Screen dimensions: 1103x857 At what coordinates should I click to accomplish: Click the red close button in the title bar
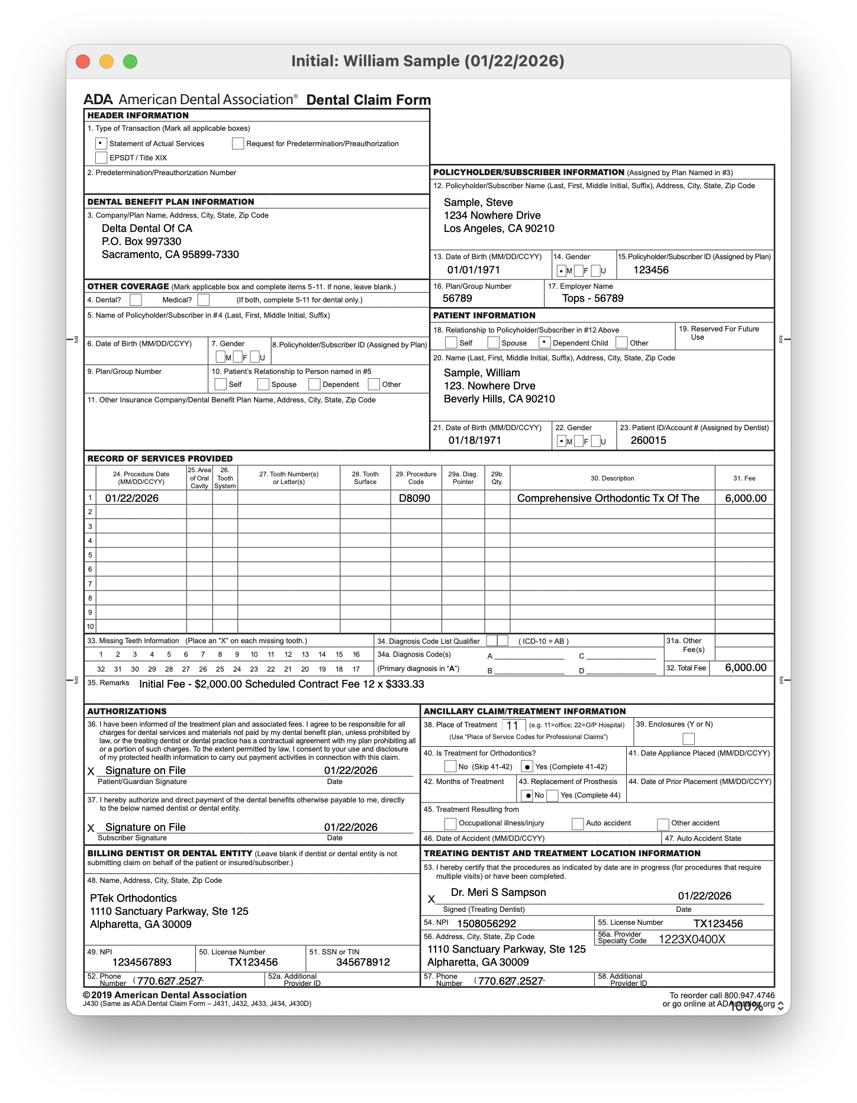83,62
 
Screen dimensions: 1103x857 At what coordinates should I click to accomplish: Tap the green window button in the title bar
130,62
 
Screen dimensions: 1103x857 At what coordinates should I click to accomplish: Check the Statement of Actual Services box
101,143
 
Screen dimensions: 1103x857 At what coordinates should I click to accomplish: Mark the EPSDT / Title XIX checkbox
101,157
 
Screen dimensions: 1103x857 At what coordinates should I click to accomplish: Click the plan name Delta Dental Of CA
147,228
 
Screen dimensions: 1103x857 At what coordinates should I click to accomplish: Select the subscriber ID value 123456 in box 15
650,270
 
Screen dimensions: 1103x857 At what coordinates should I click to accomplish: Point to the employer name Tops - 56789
592,298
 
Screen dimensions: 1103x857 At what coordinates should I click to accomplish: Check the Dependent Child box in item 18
545,343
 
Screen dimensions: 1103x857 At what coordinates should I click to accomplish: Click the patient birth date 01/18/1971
475,440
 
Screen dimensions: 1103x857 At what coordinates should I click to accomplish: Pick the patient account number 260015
648,440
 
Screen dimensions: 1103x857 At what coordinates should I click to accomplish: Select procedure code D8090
414,498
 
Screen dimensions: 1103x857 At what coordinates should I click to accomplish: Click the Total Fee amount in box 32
745,667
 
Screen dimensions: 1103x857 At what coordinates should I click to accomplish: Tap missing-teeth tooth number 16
356,654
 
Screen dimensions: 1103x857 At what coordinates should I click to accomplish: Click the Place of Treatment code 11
513,725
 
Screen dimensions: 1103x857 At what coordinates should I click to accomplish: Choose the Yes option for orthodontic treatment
527,767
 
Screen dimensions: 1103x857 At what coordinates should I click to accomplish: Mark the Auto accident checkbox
578,824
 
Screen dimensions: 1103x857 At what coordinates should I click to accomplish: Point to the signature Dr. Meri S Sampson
498,892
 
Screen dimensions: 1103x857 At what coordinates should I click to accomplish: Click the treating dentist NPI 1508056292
486,924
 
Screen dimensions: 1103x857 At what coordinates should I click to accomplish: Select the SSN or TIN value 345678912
363,962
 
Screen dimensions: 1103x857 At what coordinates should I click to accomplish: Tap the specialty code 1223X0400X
691,939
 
